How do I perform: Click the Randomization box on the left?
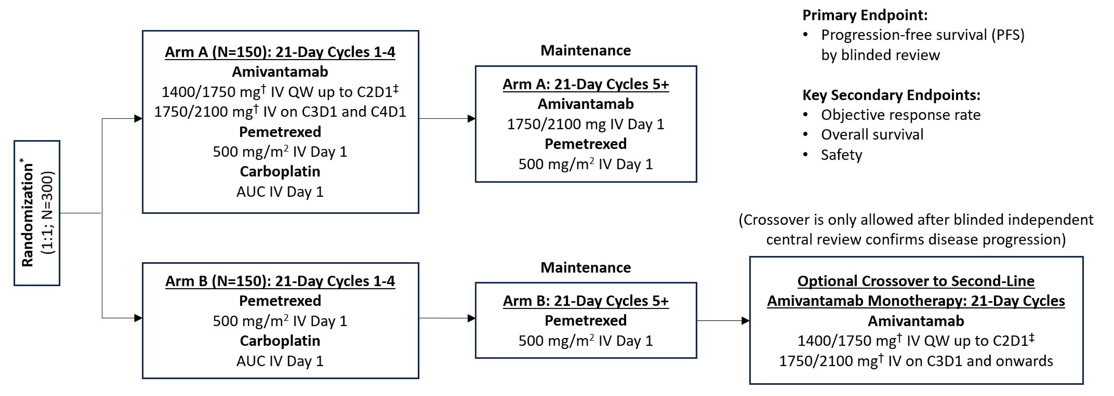tap(37, 213)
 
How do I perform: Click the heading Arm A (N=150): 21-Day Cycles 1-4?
tap(280, 52)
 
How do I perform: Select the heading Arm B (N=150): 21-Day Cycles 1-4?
tap(280, 281)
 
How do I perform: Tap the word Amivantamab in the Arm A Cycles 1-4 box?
tap(280, 72)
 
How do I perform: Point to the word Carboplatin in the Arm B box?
tap(280, 341)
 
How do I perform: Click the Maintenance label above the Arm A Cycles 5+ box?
tap(586, 51)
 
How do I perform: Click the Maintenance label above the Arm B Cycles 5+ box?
tap(586, 267)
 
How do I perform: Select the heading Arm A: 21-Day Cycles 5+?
tap(586, 84)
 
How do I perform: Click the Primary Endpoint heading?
tap(865, 15)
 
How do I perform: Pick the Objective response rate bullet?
tap(900, 115)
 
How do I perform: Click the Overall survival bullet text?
tap(872, 135)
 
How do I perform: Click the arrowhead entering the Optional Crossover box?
tap(745, 321)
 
